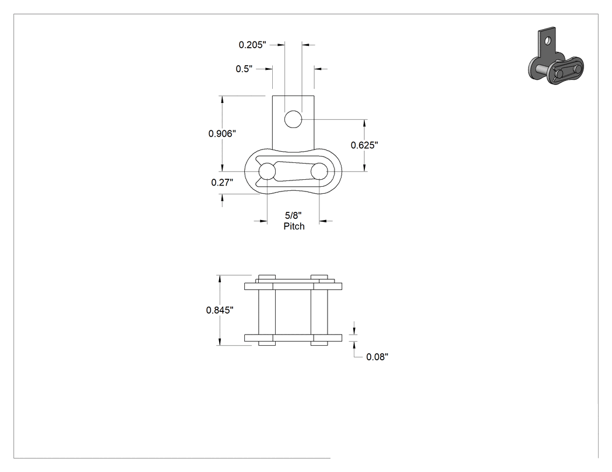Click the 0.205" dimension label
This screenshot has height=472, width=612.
tap(252, 45)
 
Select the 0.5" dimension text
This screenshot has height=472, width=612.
tap(244, 69)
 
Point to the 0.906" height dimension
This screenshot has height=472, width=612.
tap(222, 134)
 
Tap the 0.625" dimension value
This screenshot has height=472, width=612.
tap(364, 145)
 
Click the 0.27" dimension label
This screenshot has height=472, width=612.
tap(222, 182)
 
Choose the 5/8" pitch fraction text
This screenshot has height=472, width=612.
tap(293, 215)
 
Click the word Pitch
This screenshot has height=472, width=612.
tap(294, 226)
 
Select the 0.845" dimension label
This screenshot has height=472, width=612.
tap(220, 310)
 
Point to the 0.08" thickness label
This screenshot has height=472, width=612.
tap(377, 357)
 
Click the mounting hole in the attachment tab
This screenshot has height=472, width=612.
tap(293, 119)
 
